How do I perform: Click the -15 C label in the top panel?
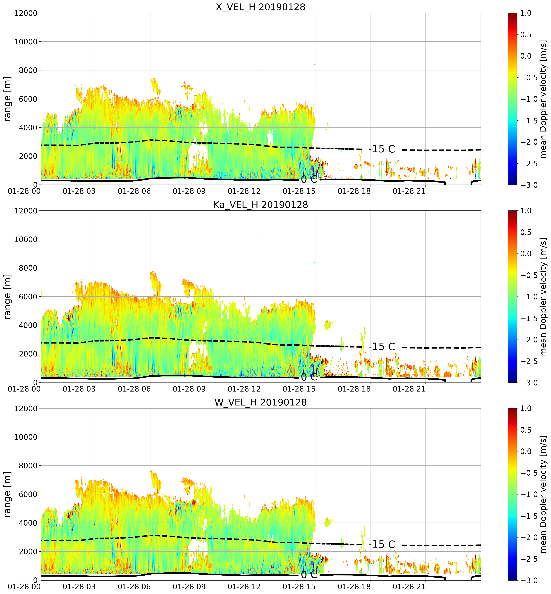382,149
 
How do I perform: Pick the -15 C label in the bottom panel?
382,544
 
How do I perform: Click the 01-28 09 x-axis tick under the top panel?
189,191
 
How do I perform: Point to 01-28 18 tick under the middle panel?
354,389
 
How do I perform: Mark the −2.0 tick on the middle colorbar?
528,340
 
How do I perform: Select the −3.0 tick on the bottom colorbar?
528,580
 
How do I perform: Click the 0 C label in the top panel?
309,179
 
